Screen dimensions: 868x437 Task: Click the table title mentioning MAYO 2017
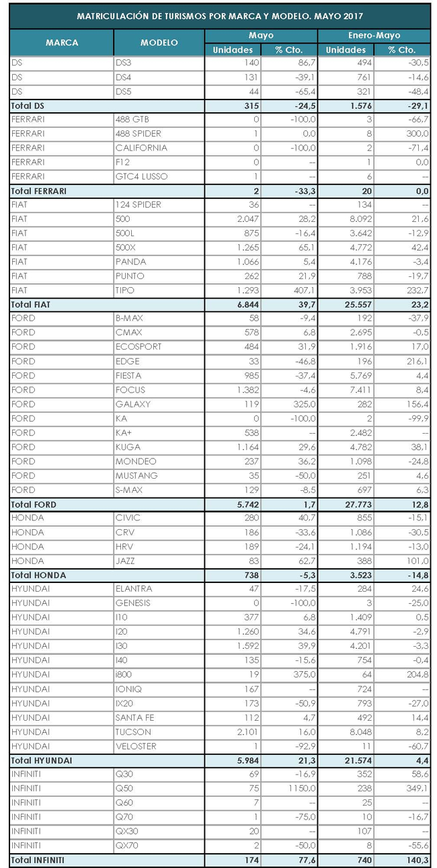[x=220, y=15]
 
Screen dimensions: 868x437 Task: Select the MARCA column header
[x=62, y=42]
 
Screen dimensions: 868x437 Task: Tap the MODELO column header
[x=159, y=42]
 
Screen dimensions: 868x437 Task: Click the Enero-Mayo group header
[x=374, y=35]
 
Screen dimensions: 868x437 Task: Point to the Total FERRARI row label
[x=40, y=191]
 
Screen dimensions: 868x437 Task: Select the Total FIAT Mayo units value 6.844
[x=240, y=305]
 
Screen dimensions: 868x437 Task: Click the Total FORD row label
[x=34, y=504]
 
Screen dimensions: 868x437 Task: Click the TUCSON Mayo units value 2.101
[x=240, y=732]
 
